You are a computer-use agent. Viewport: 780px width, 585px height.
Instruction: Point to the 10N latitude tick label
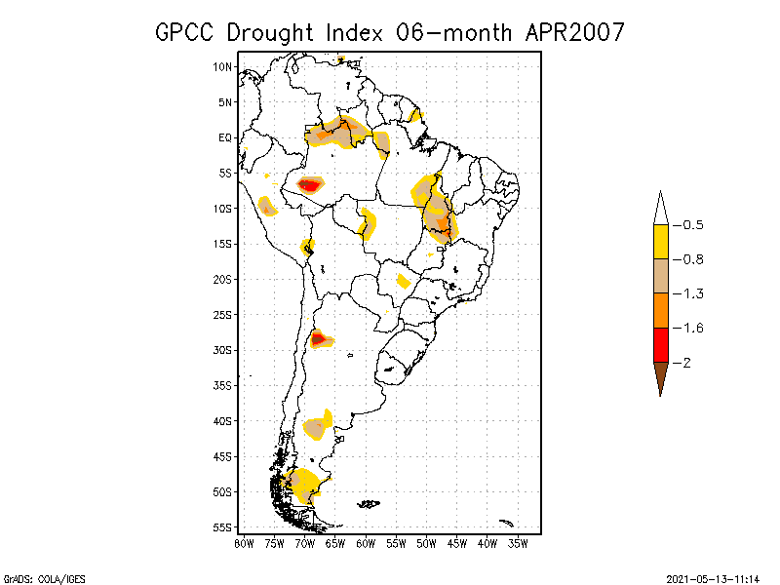pos(223,66)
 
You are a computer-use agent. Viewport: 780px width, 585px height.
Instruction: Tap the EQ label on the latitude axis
pos(225,137)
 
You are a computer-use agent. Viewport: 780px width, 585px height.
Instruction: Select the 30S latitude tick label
pos(223,350)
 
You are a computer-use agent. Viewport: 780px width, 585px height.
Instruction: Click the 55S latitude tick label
pos(223,527)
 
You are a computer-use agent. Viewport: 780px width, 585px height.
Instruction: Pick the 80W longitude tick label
pos(244,543)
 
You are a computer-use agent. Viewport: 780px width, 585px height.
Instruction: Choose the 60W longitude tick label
pos(366,543)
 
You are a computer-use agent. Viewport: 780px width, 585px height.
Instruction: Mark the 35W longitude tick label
pos(518,543)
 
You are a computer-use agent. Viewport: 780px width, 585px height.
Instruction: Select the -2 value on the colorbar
pos(688,363)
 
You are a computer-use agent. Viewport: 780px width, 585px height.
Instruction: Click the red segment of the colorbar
pos(660,344)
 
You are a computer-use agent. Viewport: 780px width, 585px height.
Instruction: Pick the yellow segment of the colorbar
pos(660,241)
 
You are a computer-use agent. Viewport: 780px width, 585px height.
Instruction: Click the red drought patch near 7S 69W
pos(309,184)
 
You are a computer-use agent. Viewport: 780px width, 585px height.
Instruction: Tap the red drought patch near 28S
pos(318,339)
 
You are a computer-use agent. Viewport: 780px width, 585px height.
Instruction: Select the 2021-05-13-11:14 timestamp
pos(713,578)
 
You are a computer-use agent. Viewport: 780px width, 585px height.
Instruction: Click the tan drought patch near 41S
pos(315,428)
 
